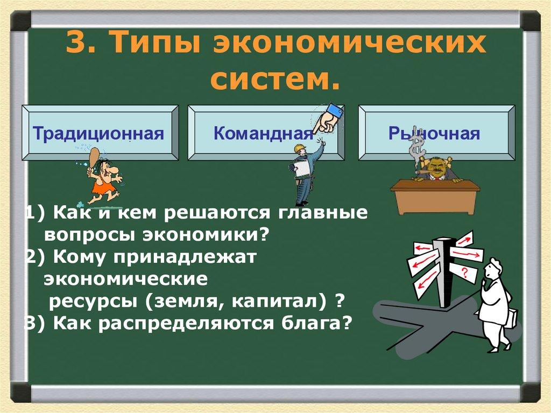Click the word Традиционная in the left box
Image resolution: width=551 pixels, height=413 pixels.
click(x=98, y=132)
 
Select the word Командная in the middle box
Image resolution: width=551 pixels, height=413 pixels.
click(x=263, y=132)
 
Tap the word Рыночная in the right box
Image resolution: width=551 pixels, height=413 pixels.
click(x=434, y=132)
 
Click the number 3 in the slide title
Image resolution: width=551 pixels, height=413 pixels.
click(x=77, y=44)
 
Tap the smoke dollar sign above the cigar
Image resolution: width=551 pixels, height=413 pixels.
click(x=416, y=148)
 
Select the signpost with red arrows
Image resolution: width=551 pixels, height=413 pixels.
click(x=444, y=267)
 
